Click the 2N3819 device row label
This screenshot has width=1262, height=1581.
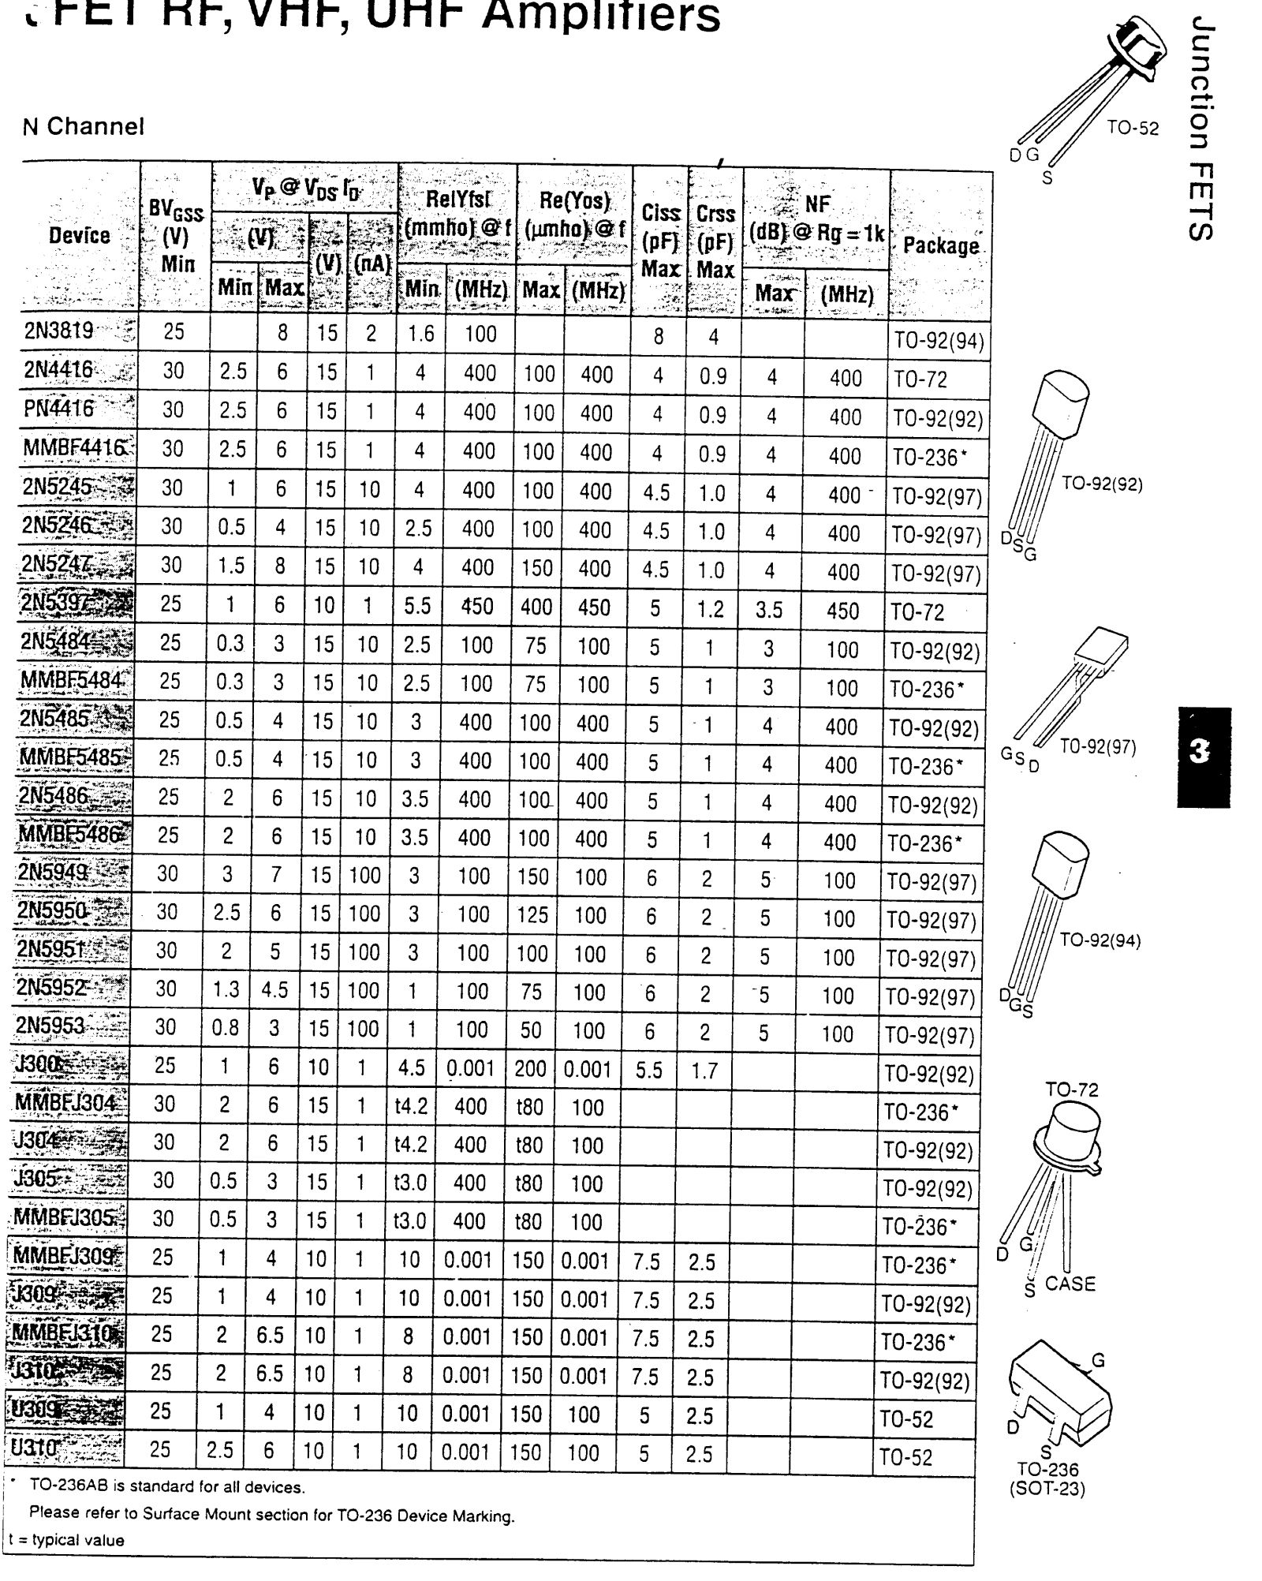point(59,332)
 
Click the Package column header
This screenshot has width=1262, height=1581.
point(940,245)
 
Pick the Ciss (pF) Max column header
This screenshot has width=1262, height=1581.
point(660,241)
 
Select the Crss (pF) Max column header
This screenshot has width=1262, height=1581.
point(715,241)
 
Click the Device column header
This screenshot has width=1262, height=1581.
point(79,235)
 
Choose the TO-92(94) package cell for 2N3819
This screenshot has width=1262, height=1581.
point(939,341)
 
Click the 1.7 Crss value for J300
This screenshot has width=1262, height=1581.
point(704,1071)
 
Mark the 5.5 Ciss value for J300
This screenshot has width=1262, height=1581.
point(649,1071)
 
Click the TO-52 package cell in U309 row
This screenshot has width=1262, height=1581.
point(906,1419)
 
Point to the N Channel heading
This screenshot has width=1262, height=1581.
point(84,126)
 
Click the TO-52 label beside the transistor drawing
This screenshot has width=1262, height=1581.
point(1133,128)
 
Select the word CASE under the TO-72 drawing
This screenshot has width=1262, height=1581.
point(1070,1284)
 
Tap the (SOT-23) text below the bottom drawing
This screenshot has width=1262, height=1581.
point(1047,1489)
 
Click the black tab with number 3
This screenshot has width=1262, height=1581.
point(1203,756)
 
